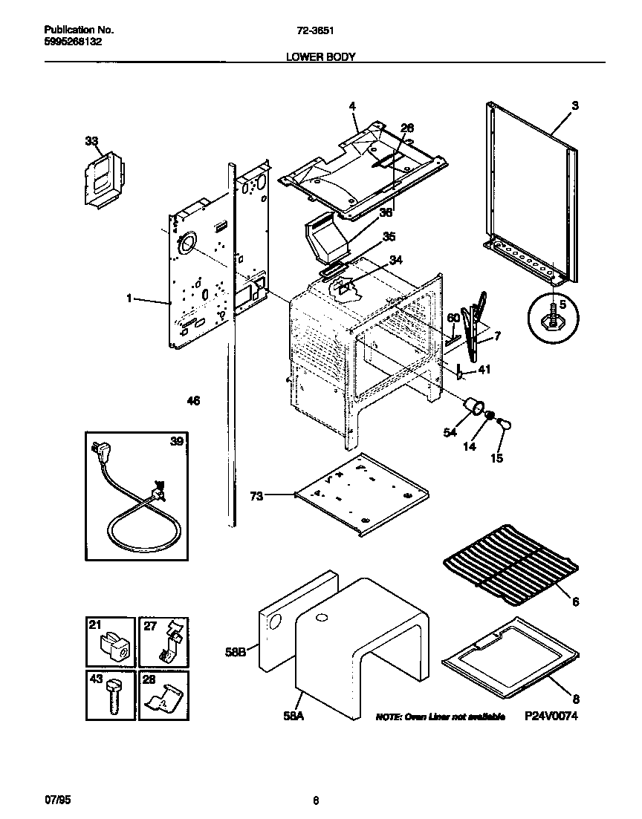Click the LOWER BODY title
[320, 56]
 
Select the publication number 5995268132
[73, 42]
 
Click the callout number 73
[256, 496]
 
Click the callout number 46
[193, 401]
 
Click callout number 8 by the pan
[574, 698]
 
